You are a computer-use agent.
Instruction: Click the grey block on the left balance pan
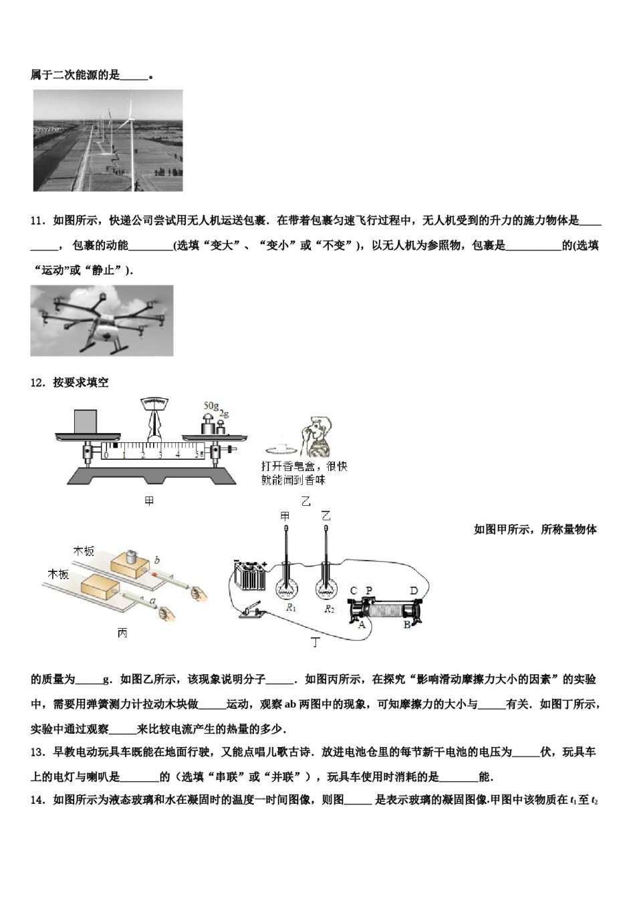click(83, 422)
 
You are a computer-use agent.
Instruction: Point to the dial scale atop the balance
click(155, 403)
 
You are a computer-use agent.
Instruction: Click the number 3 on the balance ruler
click(160, 455)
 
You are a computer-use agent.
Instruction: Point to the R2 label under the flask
click(329, 609)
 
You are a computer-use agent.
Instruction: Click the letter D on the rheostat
click(414, 590)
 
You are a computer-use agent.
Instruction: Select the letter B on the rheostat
click(406, 625)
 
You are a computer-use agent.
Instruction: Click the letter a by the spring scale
click(152, 602)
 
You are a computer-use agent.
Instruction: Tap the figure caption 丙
click(122, 633)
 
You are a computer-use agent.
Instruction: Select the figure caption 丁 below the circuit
click(315, 643)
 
